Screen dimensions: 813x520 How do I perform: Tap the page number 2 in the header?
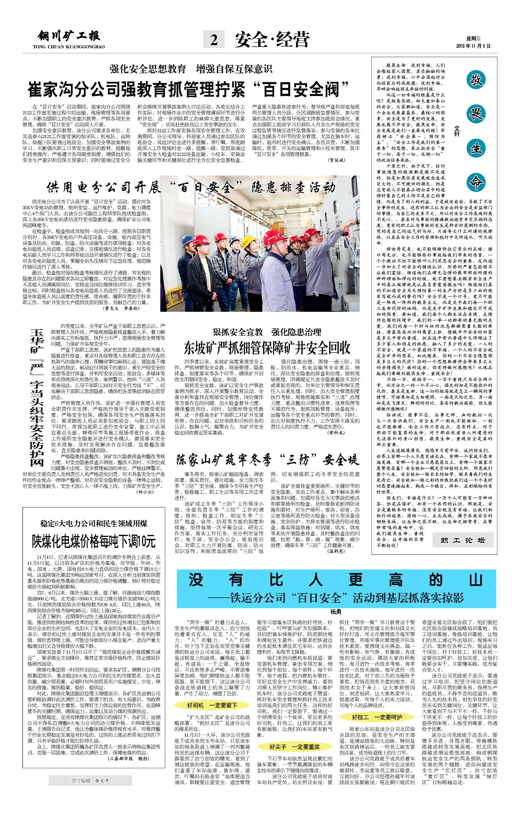[x=214, y=40]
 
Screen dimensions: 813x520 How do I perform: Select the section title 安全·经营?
[x=272, y=40]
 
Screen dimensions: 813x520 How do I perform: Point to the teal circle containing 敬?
[x=476, y=80]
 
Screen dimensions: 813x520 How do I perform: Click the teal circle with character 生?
[x=476, y=148]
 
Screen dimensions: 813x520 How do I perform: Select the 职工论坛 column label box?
[x=463, y=540]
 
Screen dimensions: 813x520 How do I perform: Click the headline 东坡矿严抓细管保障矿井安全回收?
[x=267, y=348]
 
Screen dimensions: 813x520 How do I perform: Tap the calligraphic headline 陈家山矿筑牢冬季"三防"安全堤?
[x=267, y=460]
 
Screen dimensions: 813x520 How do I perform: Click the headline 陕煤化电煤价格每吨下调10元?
[x=94, y=541]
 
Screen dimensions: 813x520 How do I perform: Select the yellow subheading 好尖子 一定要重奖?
[x=294, y=746]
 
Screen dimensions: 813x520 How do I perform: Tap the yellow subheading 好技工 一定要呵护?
[x=377, y=717]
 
